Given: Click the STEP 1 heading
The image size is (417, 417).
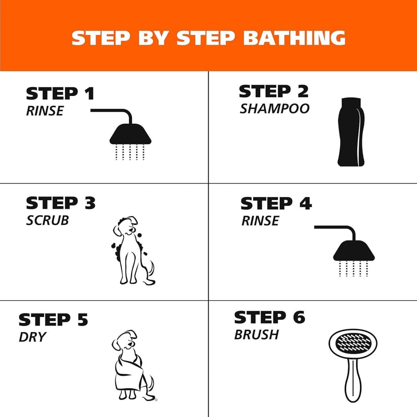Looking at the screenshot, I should click(x=60, y=94).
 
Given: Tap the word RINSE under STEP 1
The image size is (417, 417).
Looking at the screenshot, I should click(x=44, y=111).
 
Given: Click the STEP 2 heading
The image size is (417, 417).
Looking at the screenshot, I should click(x=274, y=91).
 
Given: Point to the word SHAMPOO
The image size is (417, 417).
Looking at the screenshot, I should click(x=274, y=108).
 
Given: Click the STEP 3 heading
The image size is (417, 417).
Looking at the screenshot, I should click(x=60, y=203).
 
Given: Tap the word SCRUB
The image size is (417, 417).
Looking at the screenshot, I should click(x=47, y=220).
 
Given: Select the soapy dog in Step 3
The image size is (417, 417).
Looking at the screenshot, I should click(x=131, y=250).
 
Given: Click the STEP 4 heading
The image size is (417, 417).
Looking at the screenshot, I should click(x=276, y=203).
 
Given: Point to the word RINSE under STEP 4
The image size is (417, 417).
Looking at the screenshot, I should click(x=260, y=221).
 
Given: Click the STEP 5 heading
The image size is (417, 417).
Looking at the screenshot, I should click(x=53, y=319).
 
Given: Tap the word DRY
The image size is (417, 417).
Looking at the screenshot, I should click(x=32, y=337).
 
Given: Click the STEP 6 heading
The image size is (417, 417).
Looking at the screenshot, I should click(x=269, y=317).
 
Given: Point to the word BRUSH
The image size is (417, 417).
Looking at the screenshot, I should click(x=256, y=334).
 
